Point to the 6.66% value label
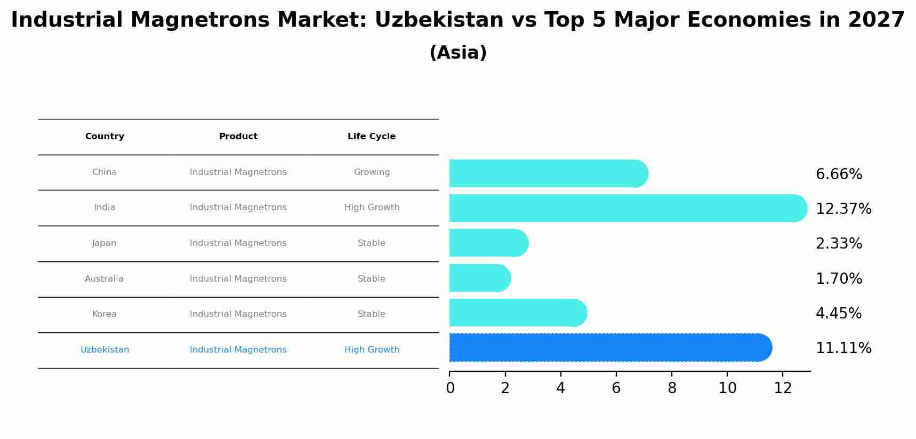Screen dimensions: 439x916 click(x=839, y=174)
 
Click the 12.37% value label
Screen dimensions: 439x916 click(x=843, y=209)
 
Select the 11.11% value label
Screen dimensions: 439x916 click(x=843, y=348)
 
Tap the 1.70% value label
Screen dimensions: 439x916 click(x=839, y=279)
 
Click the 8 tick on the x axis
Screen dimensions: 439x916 click(x=672, y=388)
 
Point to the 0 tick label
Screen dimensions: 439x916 click(x=450, y=388)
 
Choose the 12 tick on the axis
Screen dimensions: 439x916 click(x=783, y=388)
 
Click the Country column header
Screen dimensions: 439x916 click(x=105, y=137)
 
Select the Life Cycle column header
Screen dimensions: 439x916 click(x=372, y=137)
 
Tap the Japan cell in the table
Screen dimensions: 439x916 click(x=104, y=243)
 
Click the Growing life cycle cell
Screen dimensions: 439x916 click(x=372, y=172)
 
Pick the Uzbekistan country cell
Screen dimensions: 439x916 click(x=105, y=350)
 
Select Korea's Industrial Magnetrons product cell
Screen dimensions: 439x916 click(x=238, y=314)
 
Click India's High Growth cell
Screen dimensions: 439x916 click(x=372, y=207)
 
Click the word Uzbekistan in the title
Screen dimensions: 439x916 click(x=439, y=20)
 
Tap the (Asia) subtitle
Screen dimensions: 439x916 click(x=458, y=53)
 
